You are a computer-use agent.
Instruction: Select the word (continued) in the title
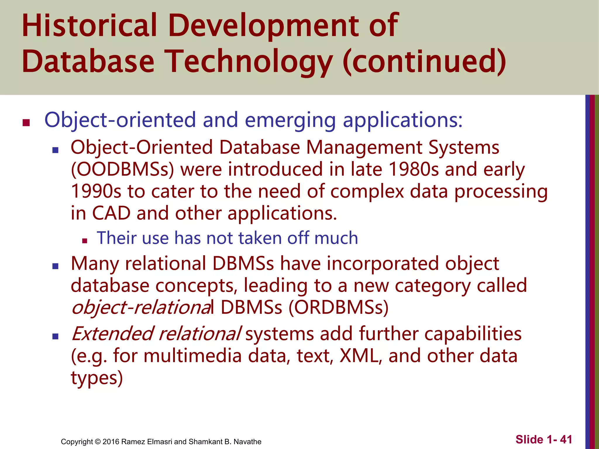click(424, 61)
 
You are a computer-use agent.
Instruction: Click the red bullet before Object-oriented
click(26, 122)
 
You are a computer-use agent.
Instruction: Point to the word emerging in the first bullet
click(290, 120)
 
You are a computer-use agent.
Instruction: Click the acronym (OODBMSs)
click(123, 170)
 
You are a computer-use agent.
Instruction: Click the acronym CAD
click(111, 213)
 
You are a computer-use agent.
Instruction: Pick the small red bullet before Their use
click(85, 241)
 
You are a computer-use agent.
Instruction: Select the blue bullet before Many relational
click(55, 266)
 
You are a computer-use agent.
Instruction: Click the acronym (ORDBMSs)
click(338, 308)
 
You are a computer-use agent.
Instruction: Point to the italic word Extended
click(112, 334)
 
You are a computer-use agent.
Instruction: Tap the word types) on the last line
click(97, 378)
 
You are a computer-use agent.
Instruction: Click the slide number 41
click(566, 440)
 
